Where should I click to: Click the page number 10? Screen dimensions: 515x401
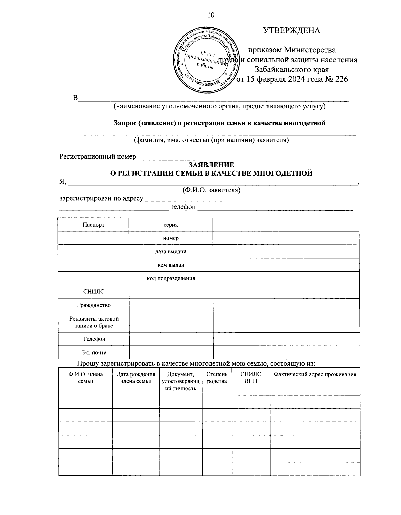click(x=211, y=15)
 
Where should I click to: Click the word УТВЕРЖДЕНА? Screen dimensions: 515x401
click(x=292, y=30)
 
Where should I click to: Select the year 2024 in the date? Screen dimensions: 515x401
click(x=292, y=79)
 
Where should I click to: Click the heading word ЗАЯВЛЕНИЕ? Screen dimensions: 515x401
click(x=211, y=165)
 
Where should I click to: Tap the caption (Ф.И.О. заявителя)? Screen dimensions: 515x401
click(x=211, y=190)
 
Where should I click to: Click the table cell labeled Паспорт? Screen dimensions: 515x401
click(x=93, y=225)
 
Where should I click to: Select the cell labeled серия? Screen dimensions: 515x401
click(x=170, y=225)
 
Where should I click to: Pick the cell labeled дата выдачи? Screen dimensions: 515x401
click(x=171, y=251)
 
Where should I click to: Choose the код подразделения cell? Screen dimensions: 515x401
click(x=171, y=278)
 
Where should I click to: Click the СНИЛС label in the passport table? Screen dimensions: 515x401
click(x=93, y=292)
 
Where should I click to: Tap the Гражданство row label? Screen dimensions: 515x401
click(x=93, y=305)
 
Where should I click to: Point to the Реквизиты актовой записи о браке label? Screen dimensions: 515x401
click(x=93, y=322)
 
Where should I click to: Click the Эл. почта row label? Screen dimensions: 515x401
click(x=93, y=352)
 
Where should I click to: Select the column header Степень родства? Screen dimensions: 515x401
click(x=217, y=378)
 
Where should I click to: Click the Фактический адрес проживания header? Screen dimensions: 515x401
click(x=314, y=374)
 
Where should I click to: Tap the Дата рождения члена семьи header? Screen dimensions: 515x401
click(x=136, y=378)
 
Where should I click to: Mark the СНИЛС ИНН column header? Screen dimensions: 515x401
click(x=251, y=378)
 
